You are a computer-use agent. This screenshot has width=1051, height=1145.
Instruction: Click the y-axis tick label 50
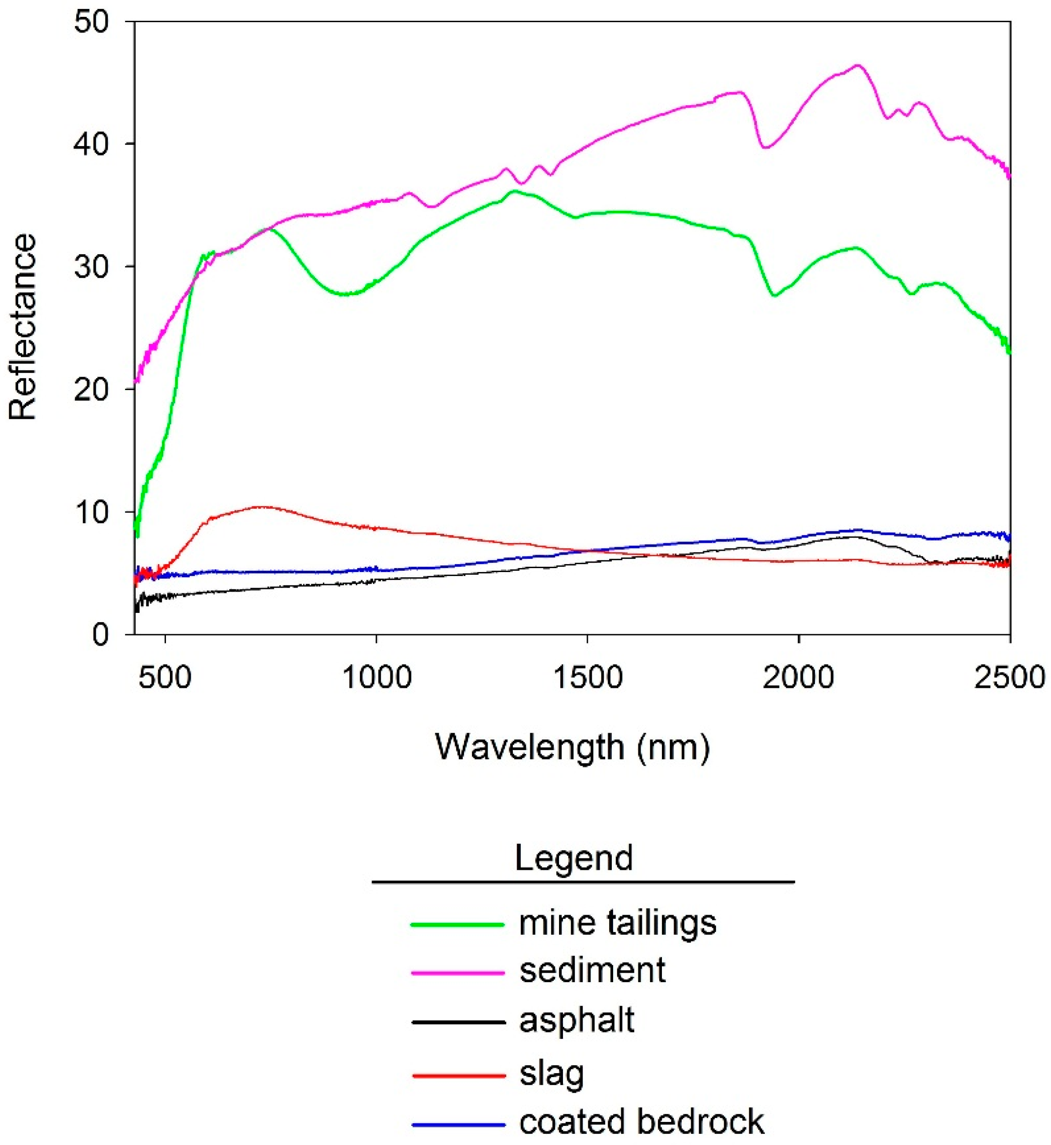tap(91, 23)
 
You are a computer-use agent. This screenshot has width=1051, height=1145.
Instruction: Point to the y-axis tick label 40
tap(91, 145)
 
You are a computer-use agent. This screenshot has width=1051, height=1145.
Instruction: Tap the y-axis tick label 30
tap(91, 267)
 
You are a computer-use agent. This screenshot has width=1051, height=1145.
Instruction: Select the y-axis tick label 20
tap(91, 390)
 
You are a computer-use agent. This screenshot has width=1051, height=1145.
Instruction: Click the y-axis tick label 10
tap(91, 513)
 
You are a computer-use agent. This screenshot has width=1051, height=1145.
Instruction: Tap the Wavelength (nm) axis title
tap(573, 747)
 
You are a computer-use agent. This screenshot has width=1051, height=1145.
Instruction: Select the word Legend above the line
tap(573, 858)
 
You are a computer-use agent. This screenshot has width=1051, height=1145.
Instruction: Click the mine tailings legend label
tap(618, 924)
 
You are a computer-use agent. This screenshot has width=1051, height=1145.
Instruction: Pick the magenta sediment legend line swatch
tap(458, 973)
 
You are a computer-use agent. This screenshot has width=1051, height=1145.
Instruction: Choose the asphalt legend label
tap(577, 1020)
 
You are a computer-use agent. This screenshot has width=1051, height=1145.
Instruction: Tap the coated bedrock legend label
tap(642, 1122)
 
